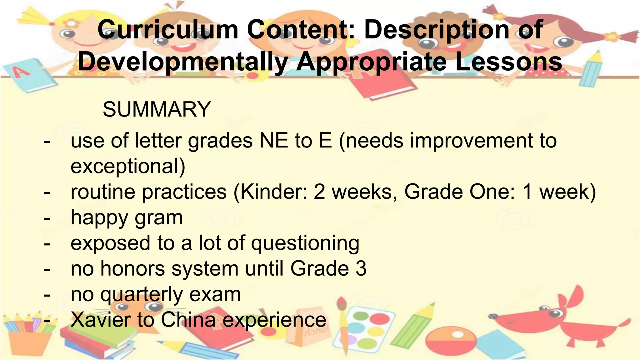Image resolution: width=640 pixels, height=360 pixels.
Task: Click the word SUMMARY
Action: pyautogui.click(x=157, y=110)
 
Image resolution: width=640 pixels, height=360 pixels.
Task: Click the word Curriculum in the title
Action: pyautogui.click(x=168, y=30)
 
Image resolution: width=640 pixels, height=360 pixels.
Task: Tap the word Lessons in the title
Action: pyautogui.click(x=508, y=62)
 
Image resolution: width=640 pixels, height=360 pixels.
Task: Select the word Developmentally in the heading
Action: pyautogui.click(x=182, y=62)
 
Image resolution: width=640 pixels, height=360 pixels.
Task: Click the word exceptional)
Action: pyautogui.click(x=128, y=166)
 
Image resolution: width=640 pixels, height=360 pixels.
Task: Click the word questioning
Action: pyautogui.click(x=305, y=243)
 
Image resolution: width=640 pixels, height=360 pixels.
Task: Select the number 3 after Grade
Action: pyautogui.click(x=361, y=269)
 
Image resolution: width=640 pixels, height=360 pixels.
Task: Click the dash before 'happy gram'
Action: pyautogui.click(x=47, y=218)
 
